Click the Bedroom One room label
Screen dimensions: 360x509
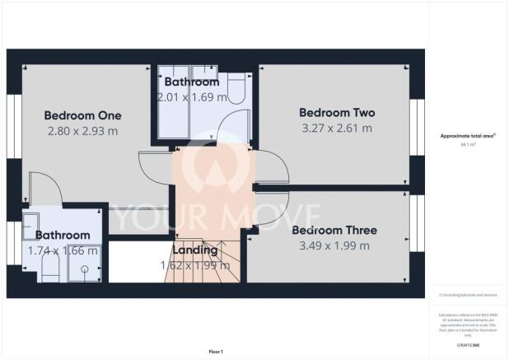point(82,115)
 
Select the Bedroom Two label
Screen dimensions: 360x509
point(336,112)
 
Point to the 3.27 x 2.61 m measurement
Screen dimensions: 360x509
point(336,128)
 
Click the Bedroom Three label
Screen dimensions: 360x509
point(335,229)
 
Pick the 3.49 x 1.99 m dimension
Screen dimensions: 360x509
point(335,245)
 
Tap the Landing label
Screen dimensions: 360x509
point(194,250)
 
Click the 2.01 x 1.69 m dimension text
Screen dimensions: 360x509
point(191,97)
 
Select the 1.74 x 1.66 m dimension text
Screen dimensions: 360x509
point(63,250)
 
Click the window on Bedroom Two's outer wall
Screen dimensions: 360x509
point(417,124)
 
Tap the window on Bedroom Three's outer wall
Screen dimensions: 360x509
point(417,234)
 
